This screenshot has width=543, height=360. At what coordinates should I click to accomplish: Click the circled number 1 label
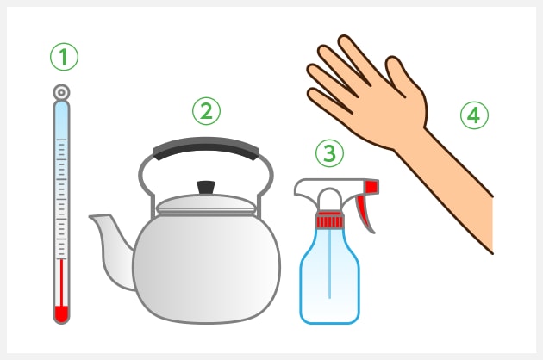click(64, 57)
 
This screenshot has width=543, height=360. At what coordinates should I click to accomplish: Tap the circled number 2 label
click(206, 111)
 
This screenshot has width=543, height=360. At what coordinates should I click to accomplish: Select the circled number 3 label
click(329, 153)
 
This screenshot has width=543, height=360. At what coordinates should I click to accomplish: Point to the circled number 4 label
click(474, 115)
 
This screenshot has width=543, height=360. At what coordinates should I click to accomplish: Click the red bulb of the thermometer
click(62, 313)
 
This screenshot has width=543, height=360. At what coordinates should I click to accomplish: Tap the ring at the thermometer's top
click(62, 92)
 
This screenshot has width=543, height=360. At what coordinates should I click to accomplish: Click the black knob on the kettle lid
click(206, 187)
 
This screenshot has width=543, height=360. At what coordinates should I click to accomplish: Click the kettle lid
click(206, 205)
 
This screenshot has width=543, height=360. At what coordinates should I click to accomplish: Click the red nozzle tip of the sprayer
click(372, 187)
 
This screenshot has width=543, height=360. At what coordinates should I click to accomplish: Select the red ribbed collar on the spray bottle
click(329, 220)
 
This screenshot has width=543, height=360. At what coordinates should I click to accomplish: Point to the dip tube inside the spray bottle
click(329, 263)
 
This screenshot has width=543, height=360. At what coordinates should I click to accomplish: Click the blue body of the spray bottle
click(329, 277)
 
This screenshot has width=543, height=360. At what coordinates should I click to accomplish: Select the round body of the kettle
click(206, 268)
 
